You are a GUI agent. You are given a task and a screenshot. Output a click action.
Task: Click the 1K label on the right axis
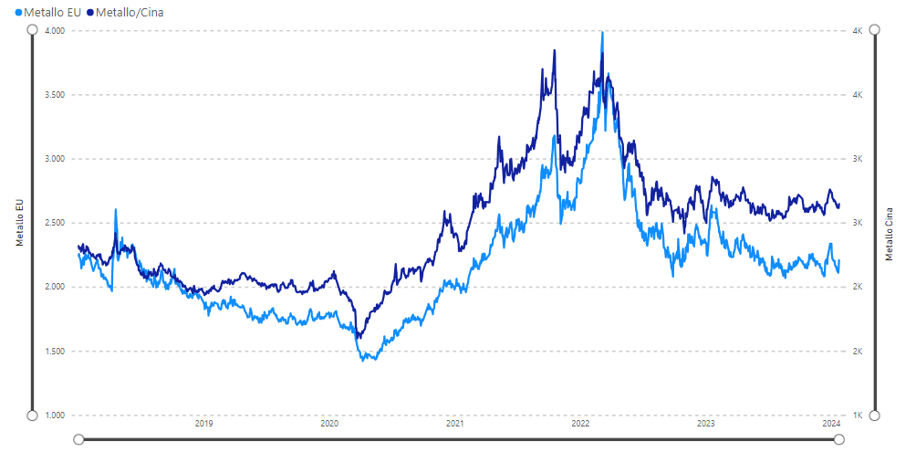click(x=858, y=416)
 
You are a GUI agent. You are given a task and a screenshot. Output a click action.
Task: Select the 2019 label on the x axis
click(x=204, y=424)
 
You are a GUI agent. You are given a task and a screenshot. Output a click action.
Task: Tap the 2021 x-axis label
click(x=455, y=424)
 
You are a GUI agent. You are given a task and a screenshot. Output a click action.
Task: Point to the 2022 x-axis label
click(x=580, y=424)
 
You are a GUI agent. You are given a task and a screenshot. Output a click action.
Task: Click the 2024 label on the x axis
click(x=831, y=424)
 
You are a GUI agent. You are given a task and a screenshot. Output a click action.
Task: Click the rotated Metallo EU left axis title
click(x=19, y=223)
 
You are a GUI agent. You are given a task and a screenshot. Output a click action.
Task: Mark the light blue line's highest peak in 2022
click(x=602, y=33)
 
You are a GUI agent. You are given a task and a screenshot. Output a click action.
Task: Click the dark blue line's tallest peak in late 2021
click(x=555, y=50)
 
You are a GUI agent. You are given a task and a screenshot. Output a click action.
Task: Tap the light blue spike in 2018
click(x=116, y=210)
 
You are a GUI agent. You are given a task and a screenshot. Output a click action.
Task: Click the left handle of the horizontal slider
click(x=78, y=439)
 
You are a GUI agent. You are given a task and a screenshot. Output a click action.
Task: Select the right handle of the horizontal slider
click(x=839, y=439)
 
